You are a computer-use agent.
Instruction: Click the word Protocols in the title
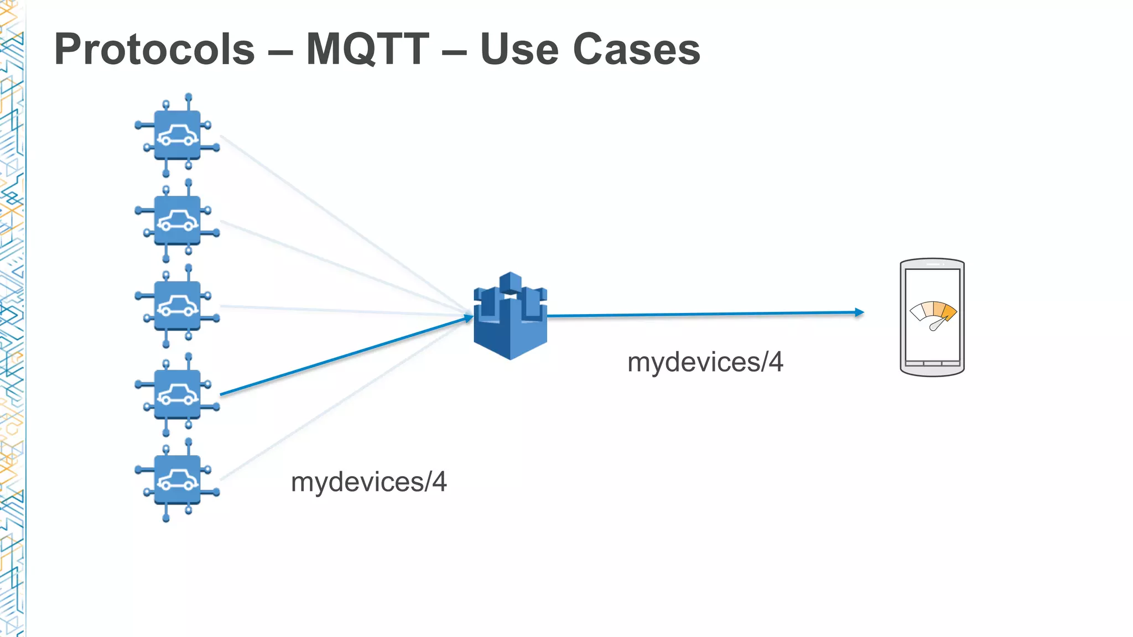154,50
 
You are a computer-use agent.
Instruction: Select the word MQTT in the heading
367,50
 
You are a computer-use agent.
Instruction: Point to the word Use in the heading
519,50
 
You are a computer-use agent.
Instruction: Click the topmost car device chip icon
177,135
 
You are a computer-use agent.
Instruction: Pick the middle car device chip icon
177,306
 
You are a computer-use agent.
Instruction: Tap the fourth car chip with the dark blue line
177,394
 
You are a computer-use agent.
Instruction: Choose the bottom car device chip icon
177,479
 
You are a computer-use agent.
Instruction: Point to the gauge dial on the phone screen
933,314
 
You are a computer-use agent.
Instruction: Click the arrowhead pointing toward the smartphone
859,312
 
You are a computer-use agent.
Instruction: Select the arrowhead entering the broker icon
468,317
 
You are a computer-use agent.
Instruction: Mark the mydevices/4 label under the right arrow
705,363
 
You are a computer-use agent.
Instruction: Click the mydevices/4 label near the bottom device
368,482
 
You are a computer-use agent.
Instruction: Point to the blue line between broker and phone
703,315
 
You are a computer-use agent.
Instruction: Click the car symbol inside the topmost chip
177,135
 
